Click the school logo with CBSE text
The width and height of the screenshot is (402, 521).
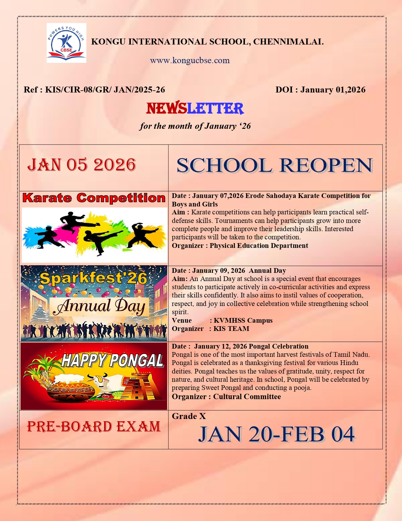pyautogui.click(x=67, y=43)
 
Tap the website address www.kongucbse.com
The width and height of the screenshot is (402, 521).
pyautogui.click(x=190, y=60)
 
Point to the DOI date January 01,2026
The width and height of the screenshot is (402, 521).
pyautogui.click(x=333, y=90)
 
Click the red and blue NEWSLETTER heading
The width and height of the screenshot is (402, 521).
pyautogui.click(x=195, y=108)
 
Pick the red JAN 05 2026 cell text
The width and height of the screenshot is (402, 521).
pyautogui.click(x=82, y=165)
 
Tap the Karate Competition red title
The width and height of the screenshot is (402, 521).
pyautogui.click(x=94, y=198)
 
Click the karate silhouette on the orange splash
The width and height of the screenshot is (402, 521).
pyautogui.click(x=143, y=235)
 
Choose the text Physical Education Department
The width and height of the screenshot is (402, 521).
pyautogui.click(x=259, y=246)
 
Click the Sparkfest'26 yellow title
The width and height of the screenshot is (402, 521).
pyautogui.click(x=94, y=278)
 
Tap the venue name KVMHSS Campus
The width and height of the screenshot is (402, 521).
pyautogui.click(x=243, y=320)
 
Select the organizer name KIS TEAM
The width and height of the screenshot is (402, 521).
pyautogui.click(x=231, y=328)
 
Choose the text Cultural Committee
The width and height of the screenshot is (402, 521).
pyautogui.click(x=247, y=397)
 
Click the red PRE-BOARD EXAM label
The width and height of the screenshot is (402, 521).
pyautogui.click(x=94, y=427)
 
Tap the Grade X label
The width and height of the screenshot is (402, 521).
pyautogui.click(x=189, y=416)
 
